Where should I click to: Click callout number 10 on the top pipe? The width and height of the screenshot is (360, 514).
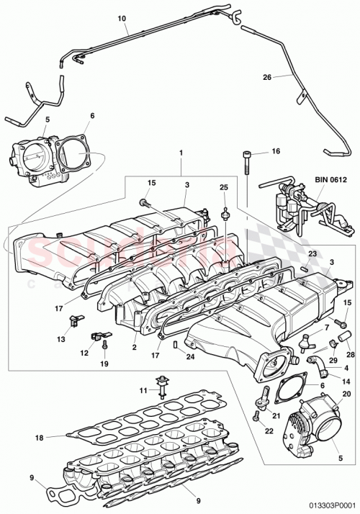click(120, 17)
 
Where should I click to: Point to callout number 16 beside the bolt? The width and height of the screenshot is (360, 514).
click(275, 153)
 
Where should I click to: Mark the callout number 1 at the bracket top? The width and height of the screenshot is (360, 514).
click(181, 153)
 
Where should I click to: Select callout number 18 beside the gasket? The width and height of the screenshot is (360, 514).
click(39, 437)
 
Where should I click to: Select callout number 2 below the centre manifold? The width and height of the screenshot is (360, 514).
click(134, 348)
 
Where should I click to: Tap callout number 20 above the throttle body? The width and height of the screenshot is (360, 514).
click(346, 393)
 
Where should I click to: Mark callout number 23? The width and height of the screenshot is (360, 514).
click(313, 254)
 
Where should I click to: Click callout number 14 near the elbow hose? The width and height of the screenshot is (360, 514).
click(345, 381)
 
